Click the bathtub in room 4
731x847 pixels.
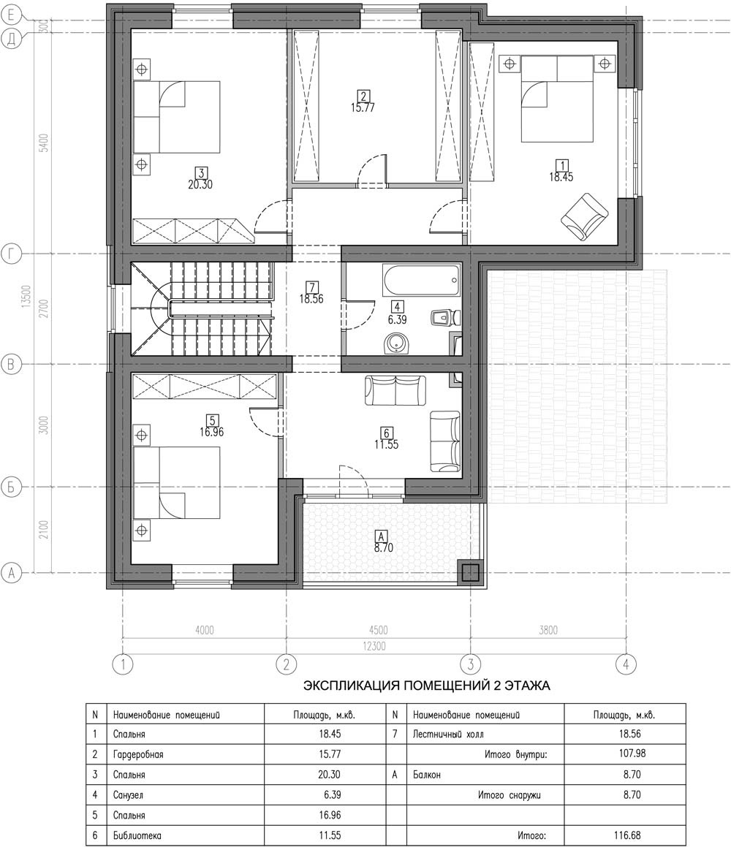click(421, 281)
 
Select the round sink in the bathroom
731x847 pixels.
click(397, 343)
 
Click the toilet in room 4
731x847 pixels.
click(445, 318)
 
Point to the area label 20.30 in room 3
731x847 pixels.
click(200, 184)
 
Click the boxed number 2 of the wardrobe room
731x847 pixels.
click(363, 96)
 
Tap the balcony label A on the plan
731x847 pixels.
click(382, 536)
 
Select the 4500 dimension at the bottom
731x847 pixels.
click(378, 630)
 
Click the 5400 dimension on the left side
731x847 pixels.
click(45, 143)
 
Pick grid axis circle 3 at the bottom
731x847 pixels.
click(471, 664)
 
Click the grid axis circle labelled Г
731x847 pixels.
click(12, 254)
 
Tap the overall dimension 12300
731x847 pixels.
click(374, 646)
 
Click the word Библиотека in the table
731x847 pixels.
click(137, 835)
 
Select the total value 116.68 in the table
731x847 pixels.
click(627, 835)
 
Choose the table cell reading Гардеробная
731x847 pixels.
click(138, 754)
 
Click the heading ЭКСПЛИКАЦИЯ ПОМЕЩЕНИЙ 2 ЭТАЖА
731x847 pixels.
click(427, 685)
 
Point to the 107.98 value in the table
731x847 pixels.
click(632, 753)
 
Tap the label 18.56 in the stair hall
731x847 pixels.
click(311, 299)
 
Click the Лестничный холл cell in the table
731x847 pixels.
click(448, 734)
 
